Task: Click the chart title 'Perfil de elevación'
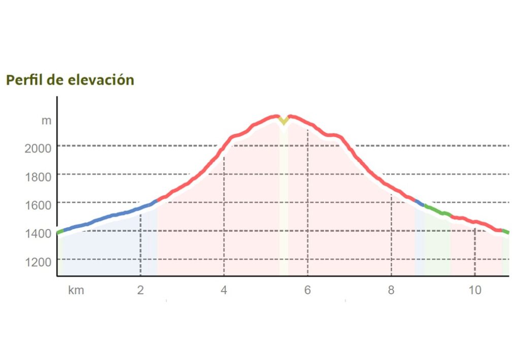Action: pos(70,80)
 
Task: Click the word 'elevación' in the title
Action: pos(105,80)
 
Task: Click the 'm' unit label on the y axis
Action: pos(46,121)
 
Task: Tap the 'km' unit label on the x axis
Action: pos(76,291)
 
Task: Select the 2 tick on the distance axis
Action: pos(141,291)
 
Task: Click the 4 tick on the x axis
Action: pos(224,291)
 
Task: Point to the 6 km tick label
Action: pos(308,291)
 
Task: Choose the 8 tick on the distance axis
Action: pos(391,291)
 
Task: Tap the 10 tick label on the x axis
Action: pos(475,291)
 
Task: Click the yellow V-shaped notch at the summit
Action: pos(284,121)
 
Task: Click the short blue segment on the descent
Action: pos(419,203)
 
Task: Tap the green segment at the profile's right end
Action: pos(506,232)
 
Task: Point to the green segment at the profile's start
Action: pos(60,232)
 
